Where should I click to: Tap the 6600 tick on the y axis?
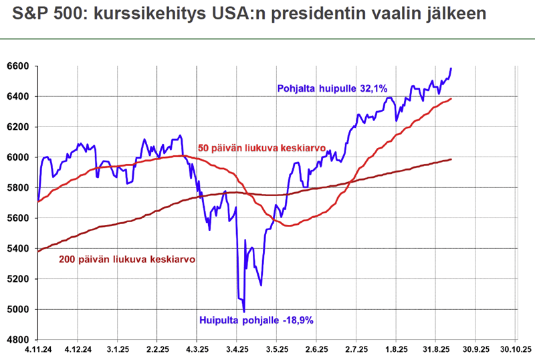click(x=19, y=66)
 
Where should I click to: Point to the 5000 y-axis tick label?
click(x=19, y=309)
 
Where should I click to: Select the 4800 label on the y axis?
click(x=19, y=339)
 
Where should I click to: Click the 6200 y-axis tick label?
click(x=19, y=127)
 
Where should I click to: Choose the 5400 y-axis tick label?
click(x=19, y=248)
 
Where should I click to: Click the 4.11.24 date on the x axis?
click(x=38, y=350)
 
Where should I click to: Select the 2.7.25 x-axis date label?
click(x=356, y=350)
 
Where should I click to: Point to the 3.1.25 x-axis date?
click(x=118, y=350)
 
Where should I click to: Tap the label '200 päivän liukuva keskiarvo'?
click(x=127, y=259)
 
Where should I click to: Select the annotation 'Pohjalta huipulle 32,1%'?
click(x=332, y=88)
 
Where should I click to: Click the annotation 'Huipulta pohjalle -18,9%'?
click(x=256, y=320)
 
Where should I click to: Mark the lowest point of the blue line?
click(x=244, y=312)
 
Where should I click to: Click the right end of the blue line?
click(x=451, y=68)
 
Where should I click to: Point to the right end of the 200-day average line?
click(x=451, y=159)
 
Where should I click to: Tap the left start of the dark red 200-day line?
click(x=38, y=252)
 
